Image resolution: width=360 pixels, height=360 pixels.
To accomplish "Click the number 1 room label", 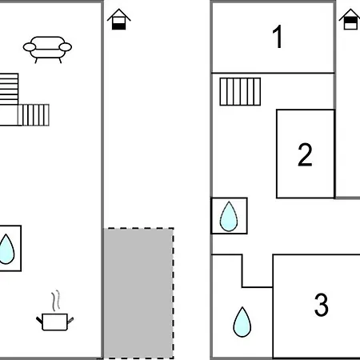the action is (x=278, y=37).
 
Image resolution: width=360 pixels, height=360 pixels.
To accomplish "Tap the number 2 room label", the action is (x=305, y=154).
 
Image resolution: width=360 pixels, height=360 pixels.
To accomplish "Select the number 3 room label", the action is (x=321, y=305).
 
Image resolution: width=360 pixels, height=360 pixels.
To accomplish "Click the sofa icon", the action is (x=47, y=50).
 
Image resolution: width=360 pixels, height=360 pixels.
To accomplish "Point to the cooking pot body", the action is (x=54, y=322).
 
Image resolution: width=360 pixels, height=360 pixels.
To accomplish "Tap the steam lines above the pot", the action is (x=55, y=301).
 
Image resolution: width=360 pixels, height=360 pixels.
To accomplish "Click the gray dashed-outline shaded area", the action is (x=138, y=293).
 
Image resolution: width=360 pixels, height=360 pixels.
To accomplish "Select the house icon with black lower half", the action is (x=118, y=19).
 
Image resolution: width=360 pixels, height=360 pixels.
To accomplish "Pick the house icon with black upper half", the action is (x=350, y=19).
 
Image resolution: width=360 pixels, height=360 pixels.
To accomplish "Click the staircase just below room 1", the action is (x=240, y=92).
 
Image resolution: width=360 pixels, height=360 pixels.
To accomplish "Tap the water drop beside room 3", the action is (x=242, y=322).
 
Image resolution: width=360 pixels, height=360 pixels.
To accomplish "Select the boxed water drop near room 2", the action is (x=229, y=216).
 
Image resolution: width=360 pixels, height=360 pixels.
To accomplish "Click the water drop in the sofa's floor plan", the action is (x=6, y=249).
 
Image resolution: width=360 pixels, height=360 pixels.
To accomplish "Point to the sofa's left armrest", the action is (x=29, y=47).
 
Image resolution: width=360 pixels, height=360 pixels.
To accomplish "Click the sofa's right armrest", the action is (x=66, y=47).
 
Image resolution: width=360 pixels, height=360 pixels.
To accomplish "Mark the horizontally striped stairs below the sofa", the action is (x=9, y=89).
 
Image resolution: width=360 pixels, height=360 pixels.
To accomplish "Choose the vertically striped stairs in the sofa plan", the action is (x=34, y=115).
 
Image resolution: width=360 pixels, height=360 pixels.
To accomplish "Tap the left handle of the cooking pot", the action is (x=39, y=320).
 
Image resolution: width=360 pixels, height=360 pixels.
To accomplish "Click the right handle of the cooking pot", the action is (x=70, y=320).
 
